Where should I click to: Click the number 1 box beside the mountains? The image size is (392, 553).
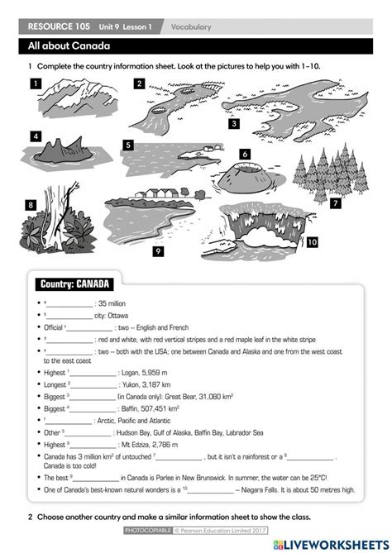pos(36,83)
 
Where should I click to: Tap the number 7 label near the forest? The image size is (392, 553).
pos(336,203)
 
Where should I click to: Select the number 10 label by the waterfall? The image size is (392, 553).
pos(312,243)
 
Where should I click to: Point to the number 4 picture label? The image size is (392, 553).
pos(36,136)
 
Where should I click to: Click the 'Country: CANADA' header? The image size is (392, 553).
pos(75,285)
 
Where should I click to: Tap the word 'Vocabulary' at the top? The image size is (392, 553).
pos(191,27)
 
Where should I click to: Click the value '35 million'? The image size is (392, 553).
pos(113,303)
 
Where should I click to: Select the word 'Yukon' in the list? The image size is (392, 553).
pos(134,384)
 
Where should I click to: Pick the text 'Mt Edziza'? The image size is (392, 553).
pos(134,444)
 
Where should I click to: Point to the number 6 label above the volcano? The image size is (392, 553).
pos(245,153)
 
